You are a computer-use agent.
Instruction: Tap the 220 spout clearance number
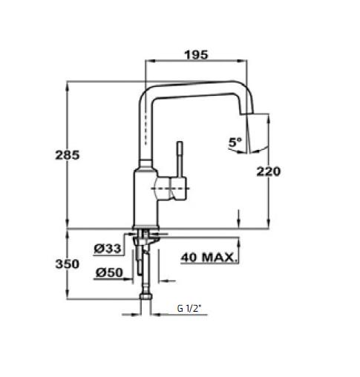point(268,171)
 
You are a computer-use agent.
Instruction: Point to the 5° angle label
point(235,140)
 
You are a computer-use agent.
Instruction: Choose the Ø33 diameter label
point(108,248)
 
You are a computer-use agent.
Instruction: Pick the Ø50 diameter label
point(108,272)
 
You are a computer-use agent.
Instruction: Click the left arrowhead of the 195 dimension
point(147,63)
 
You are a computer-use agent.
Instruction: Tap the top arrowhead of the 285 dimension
point(68,84)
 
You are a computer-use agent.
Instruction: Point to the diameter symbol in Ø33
point(99,248)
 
